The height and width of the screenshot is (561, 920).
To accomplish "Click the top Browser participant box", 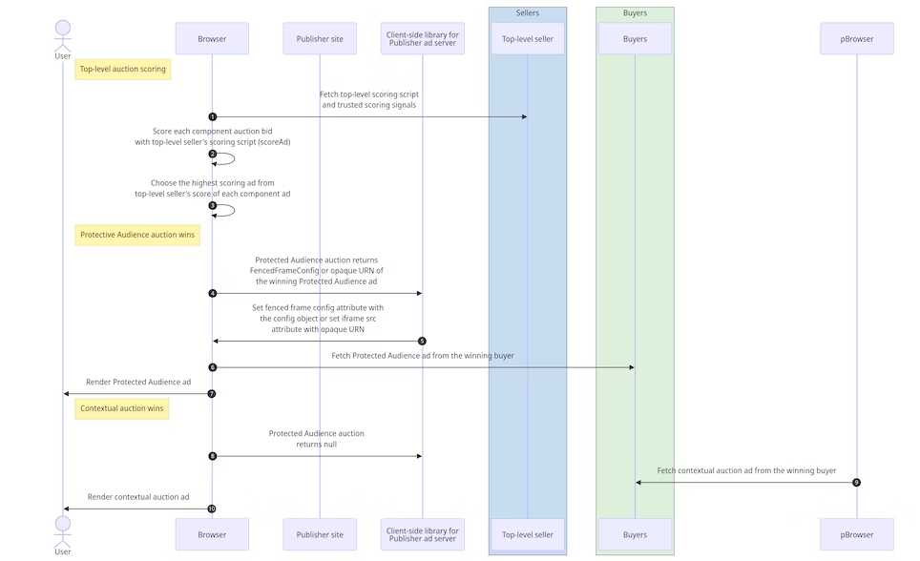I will point(212,39).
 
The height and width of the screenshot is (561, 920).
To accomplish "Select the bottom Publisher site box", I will point(320,534).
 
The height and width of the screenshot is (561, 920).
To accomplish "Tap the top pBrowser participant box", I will point(856,39).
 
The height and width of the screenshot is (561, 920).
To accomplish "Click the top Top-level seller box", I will point(528,39).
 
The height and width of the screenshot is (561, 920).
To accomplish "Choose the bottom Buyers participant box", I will point(635,534).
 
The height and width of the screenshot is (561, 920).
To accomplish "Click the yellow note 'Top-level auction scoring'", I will point(122,69).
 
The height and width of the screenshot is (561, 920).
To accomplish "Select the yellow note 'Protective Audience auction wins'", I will point(137,235).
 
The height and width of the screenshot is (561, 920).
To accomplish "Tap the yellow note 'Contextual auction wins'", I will point(122,408).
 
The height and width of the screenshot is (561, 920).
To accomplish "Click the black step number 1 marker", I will point(212,116).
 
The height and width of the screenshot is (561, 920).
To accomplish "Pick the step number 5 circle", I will point(422,341).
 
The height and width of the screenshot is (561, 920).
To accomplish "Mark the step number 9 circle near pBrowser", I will point(856,482).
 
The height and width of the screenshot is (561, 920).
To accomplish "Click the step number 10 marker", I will point(212,509).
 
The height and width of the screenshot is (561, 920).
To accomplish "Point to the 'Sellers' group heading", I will point(528,13).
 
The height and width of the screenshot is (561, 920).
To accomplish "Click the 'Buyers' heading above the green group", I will point(635,13).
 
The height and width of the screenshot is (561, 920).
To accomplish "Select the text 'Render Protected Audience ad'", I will point(138,383).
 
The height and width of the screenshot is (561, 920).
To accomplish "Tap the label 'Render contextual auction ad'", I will point(138,497).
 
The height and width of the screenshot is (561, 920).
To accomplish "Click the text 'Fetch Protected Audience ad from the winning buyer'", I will point(423,356).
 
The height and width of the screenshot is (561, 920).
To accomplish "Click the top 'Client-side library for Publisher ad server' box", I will point(422,39).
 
